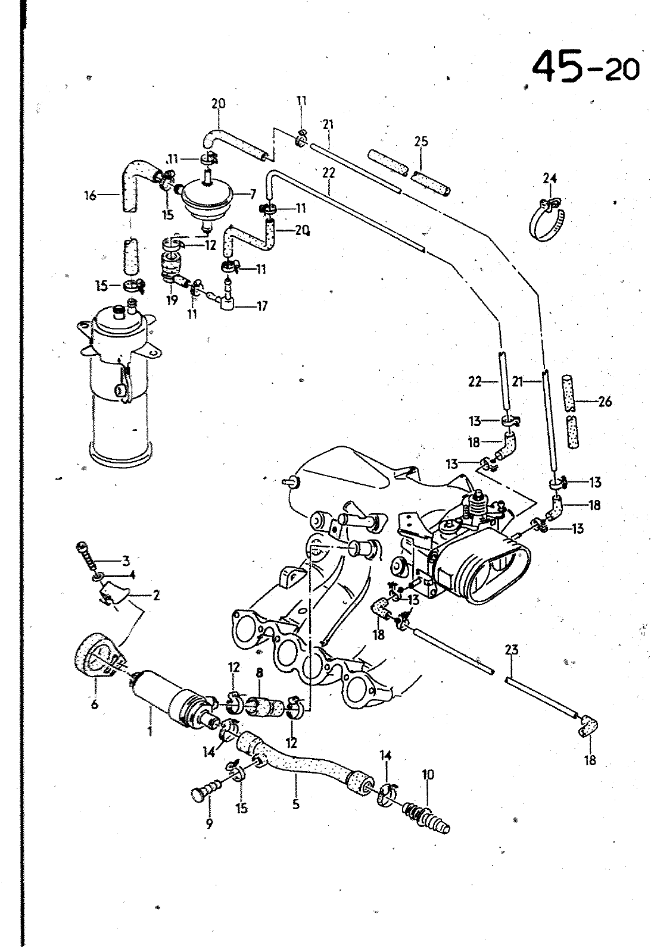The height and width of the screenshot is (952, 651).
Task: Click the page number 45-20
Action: pos(586,67)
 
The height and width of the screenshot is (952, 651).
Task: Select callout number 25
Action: pos(421,142)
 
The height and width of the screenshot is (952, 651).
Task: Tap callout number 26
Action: pos(605,401)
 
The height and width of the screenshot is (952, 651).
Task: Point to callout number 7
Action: pos(253,194)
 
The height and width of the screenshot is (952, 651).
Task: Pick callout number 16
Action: pos(91,196)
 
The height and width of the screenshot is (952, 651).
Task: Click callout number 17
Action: pos(262,306)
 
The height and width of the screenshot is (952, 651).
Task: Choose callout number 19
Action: pos(172,300)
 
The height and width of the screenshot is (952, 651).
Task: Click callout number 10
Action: pos(428,775)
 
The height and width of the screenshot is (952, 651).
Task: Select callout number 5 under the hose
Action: pos(296,804)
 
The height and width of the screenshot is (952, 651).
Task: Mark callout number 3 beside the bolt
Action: pos(126,561)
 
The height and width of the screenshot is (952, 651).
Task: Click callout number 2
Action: pos(156,596)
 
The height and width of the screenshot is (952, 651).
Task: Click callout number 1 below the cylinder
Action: pos(150,731)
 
